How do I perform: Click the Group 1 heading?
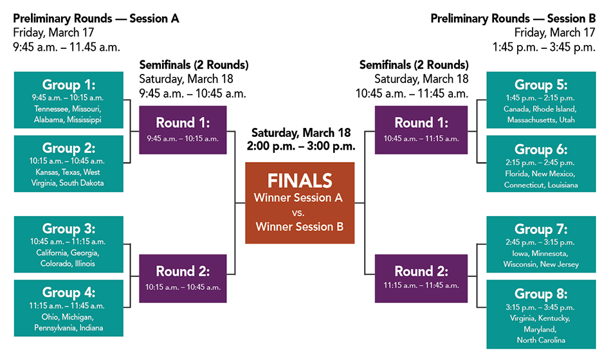[69, 85]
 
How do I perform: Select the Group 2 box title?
[69, 148]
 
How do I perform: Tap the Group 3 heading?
[69, 229]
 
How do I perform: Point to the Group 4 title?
[69, 293]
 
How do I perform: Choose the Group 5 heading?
[541, 85]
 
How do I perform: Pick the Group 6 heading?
[541, 149]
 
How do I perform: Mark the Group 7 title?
[541, 229]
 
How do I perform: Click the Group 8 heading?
[541, 294]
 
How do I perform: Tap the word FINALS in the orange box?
[300, 180]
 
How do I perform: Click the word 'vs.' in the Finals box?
[299, 212]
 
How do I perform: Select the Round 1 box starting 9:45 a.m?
[183, 129]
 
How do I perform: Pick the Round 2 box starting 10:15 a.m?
[183, 278]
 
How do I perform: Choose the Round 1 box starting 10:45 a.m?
[421, 129]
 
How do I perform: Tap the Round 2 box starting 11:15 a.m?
[421, 278]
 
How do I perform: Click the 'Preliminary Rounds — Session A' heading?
[96, 19]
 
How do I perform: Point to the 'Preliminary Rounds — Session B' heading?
[513, 19]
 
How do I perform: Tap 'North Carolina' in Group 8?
[541, 340]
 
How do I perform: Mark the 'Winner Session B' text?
[299, 226]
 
